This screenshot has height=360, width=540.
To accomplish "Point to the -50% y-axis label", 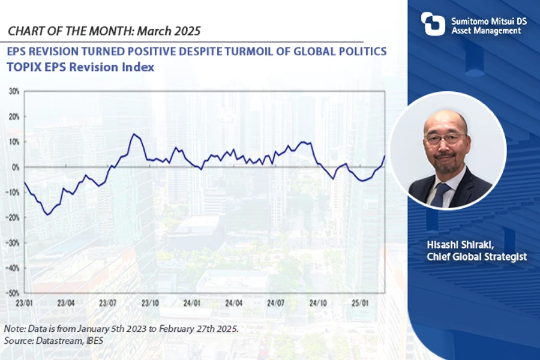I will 13,293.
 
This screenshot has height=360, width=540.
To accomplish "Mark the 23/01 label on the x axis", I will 23,303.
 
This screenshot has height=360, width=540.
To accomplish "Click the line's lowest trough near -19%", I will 48,214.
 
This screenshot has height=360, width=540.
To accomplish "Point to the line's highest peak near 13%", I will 133,134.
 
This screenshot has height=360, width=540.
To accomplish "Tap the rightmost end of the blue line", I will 385,156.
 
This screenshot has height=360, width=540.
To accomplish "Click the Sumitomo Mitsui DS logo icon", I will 433,23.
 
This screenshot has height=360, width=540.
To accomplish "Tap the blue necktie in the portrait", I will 440,193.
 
